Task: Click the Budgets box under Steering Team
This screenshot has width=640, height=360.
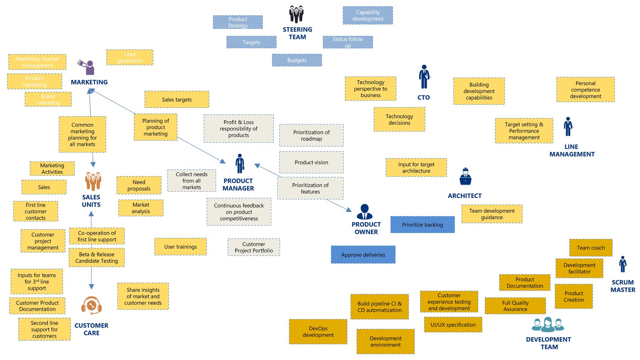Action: point(297,60)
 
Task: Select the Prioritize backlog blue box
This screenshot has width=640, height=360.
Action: point(422,224)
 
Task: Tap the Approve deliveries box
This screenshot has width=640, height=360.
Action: point(363,255)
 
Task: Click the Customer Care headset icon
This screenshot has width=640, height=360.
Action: point(91,305)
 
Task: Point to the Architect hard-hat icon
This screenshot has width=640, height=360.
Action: point(465,176)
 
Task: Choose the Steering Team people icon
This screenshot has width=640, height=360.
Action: point(296,14)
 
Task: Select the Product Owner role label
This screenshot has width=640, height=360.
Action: point(366,228)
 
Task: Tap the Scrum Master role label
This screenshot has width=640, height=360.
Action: point(623,286)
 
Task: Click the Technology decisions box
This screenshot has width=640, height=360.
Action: point(399,120)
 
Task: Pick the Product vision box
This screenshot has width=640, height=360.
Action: point(311,162)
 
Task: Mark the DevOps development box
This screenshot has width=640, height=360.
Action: point(318,332)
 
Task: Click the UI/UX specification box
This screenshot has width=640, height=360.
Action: point(453,325)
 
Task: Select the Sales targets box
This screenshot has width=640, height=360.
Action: point(177,100)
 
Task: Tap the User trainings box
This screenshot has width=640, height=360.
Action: point(180,247)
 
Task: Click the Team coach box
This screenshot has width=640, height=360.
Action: point(591,248)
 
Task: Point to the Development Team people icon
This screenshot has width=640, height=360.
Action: point(548,324)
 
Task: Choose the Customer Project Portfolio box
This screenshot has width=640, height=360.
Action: point(254,247)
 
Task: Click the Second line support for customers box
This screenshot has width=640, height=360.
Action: point(44,329)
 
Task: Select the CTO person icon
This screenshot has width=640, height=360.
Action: point(424,77)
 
